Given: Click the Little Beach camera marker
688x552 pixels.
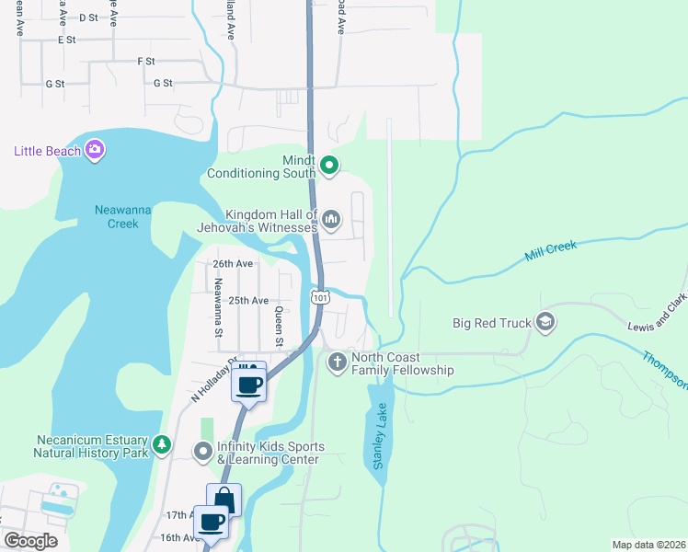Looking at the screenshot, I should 95,150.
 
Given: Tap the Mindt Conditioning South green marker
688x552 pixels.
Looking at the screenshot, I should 329,167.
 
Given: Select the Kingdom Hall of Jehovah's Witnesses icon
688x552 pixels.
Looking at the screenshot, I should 331,219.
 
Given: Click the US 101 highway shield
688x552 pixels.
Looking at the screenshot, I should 319,297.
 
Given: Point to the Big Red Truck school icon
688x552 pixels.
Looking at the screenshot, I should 545,322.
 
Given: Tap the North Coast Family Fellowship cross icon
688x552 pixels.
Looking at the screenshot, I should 337,362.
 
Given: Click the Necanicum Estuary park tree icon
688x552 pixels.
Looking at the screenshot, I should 162,445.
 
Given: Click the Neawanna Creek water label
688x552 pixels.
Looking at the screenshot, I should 117,216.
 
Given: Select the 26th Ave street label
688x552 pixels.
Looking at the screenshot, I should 232,263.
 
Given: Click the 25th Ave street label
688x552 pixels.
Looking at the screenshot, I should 247,301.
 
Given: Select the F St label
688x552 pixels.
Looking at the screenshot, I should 145,61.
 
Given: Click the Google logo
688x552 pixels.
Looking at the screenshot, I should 30,541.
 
